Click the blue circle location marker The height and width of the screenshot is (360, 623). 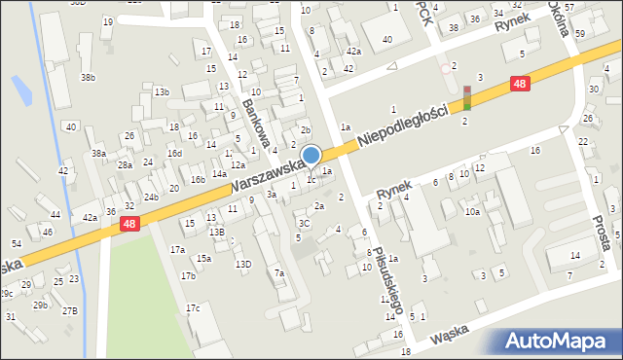tap(311, 155)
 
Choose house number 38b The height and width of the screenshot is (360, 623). tap(88, 77)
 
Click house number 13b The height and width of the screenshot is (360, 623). tap(162, 92)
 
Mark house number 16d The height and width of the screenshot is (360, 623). tap(174, 153)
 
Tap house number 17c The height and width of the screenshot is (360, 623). tap(193, 308)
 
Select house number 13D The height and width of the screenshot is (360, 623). tap(243, 264)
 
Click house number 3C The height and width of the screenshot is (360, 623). tap(305, 223)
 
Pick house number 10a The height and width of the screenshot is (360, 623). tap(472, 211)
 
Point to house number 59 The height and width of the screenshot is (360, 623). tap(579, 34)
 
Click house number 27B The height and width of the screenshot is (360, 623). tap(69, 310)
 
